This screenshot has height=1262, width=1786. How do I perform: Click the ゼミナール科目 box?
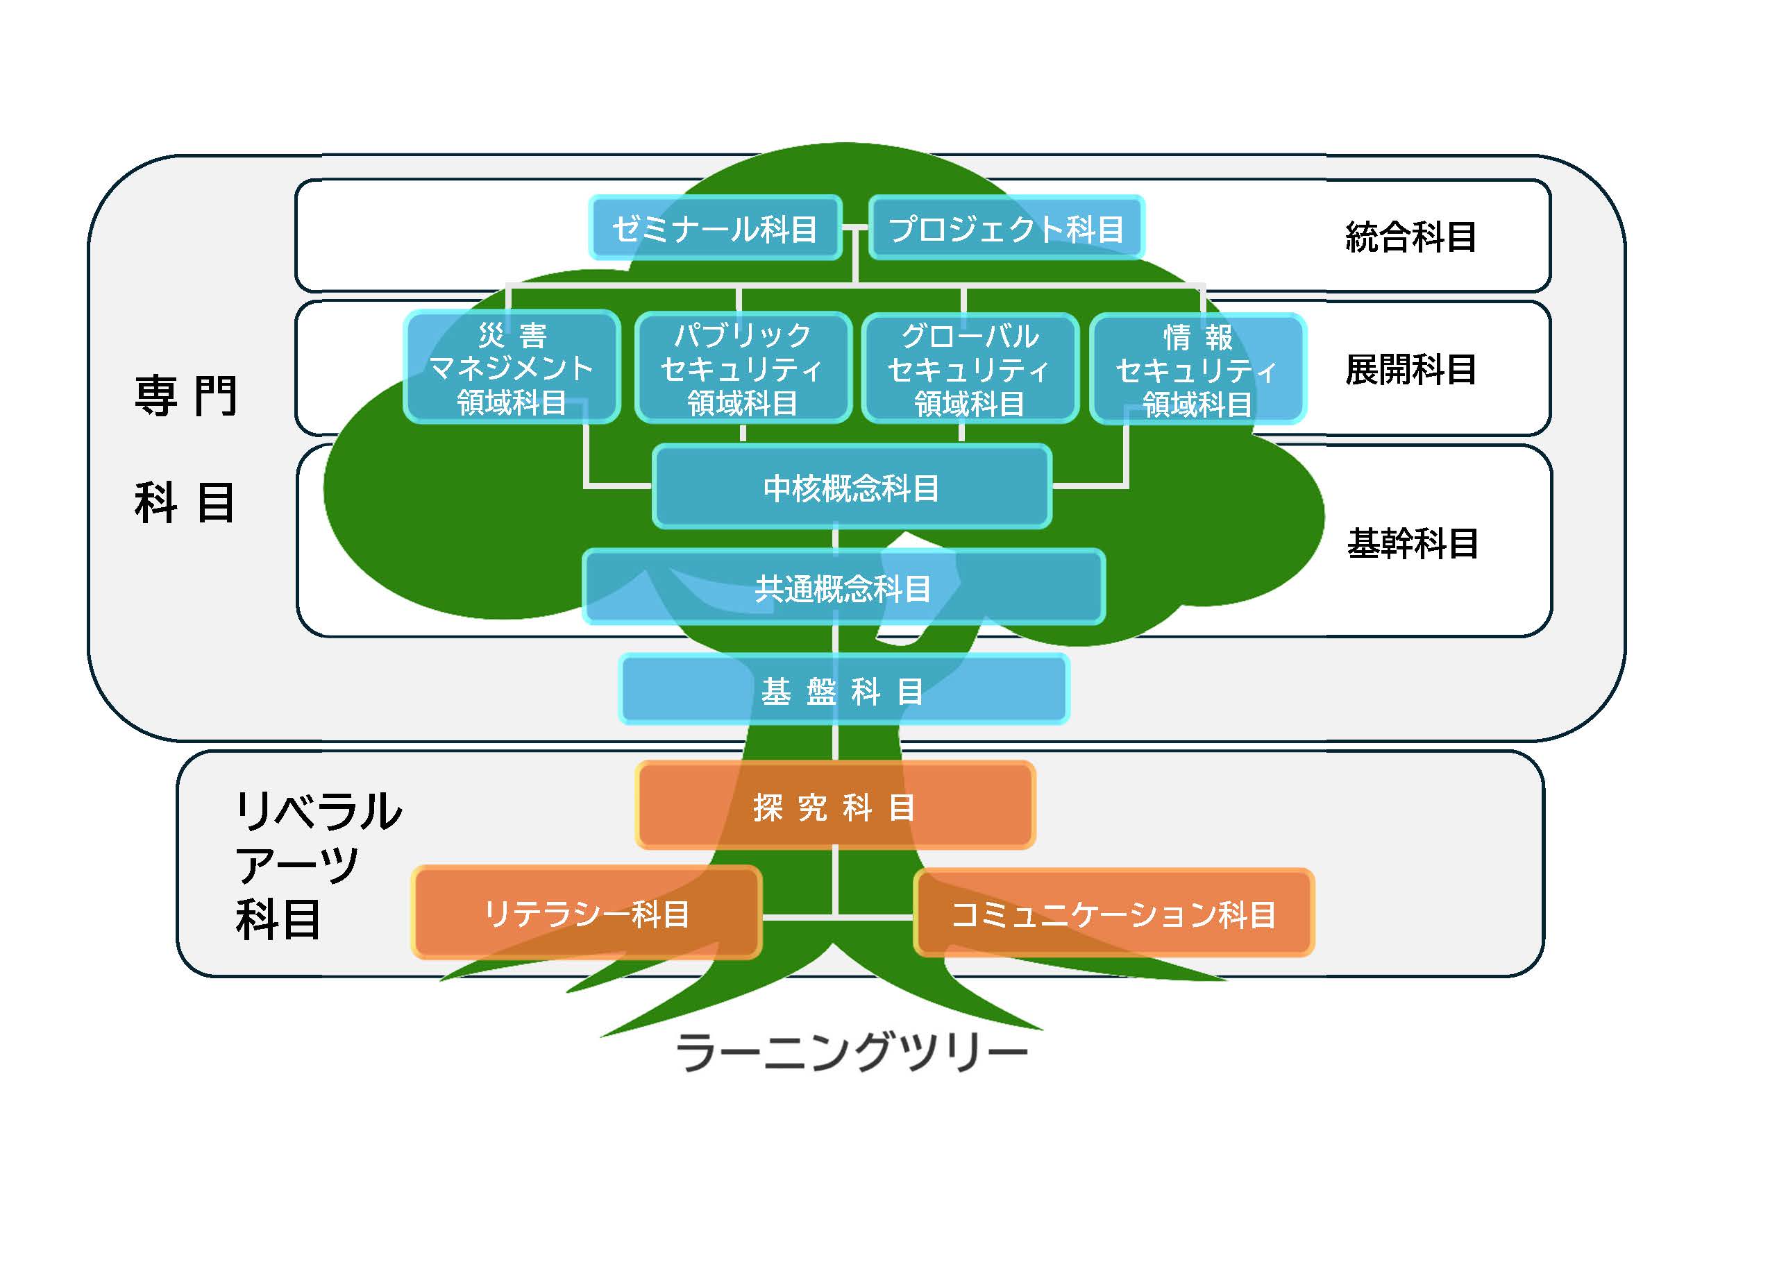tap(715, 228)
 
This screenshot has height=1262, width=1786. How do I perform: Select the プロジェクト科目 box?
tap(1005, 228)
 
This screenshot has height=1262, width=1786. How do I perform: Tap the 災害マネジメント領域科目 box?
tap(511, 368)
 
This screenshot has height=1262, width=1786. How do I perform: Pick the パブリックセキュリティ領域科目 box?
tap(742, 368)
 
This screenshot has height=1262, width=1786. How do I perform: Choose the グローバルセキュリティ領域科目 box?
tap(969, 368)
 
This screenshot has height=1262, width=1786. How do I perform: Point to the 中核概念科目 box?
tap(851, 488)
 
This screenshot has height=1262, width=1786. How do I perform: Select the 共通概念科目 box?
tap(843, 588)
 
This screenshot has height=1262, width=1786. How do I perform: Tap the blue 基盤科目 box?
tap(843, 690)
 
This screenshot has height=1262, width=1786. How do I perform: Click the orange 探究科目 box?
tap(834, 806)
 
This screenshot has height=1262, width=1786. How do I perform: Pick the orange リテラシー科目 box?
tap(586, 913)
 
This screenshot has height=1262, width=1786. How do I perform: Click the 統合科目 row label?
tap(1410, 237)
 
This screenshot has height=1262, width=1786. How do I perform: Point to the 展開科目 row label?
tap(1410, 369)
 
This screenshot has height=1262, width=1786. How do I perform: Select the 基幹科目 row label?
tap(1412, 543)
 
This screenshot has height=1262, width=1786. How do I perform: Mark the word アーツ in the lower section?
tap(296, 864)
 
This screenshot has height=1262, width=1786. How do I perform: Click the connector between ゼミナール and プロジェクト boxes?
tap(855, 228)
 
